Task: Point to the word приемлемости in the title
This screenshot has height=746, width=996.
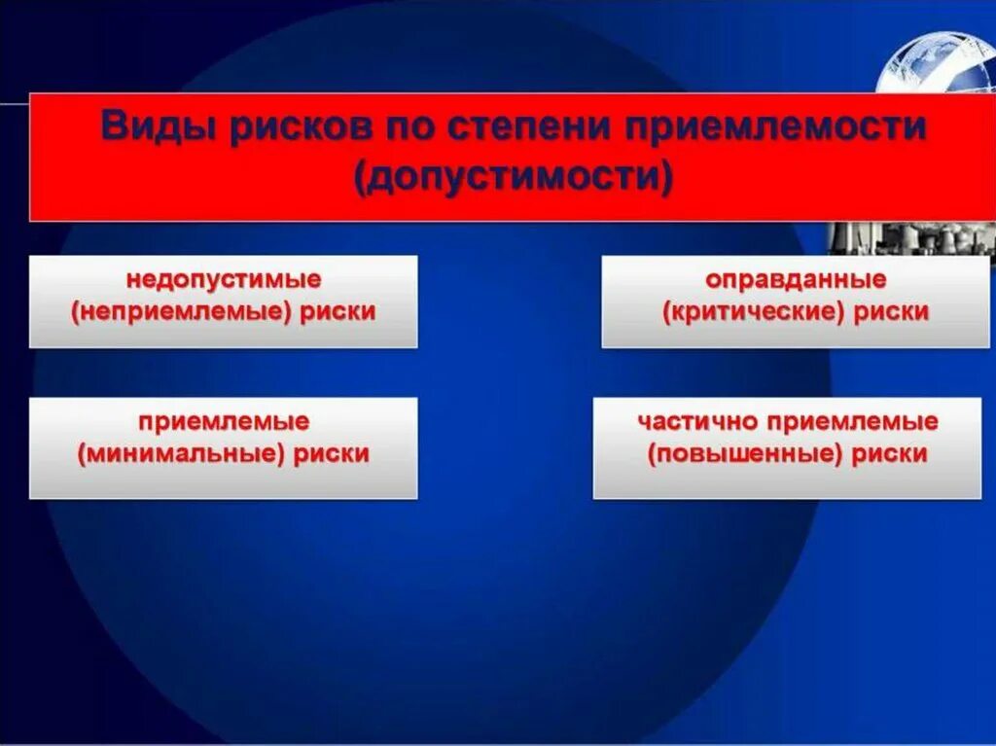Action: [763, 128]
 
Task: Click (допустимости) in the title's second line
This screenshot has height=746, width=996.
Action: [515, 179]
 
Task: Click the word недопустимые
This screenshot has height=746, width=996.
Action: [224, 280]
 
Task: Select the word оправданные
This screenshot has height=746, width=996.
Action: [797, 280]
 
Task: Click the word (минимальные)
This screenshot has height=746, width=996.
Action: [184, 453]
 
